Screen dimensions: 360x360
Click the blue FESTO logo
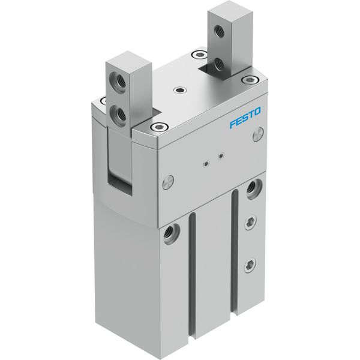tap(245, 118)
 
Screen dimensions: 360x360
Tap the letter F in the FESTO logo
tap(233, 124)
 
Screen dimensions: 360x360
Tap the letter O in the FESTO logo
tap(257, 112)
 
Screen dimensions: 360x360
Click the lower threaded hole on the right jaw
tap(219, 64)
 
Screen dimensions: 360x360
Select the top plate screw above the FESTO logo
tap(250, 80)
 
